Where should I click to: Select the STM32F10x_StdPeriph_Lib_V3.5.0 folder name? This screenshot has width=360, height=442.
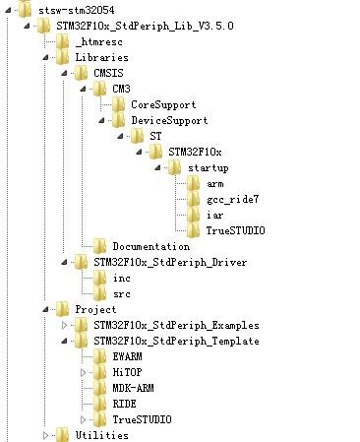(131, 25)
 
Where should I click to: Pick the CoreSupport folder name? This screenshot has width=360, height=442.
(163, 104)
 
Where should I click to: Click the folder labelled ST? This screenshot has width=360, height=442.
(155, 136)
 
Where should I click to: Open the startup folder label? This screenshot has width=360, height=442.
(208, 167)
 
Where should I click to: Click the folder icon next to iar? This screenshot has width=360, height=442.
(193, 215)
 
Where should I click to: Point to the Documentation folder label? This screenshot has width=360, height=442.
(150, 246)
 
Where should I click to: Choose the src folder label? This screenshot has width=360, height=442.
(121, 293)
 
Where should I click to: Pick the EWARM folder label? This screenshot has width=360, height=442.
(128, 356)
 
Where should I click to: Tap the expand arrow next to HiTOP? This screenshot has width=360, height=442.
(84, 373)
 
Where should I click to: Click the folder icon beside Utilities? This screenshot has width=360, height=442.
(62, 435)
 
